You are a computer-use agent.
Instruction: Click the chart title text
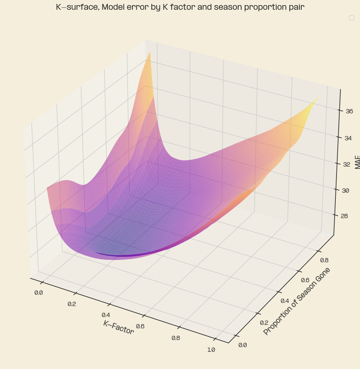180,7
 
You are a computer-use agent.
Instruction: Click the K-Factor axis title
118,327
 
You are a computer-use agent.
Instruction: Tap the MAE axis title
357,161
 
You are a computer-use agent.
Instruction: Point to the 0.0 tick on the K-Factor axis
39,292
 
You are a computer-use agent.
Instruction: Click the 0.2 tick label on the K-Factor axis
72,304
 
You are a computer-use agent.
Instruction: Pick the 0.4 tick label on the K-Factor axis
106,315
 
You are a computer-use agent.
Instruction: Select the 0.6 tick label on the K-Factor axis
140,326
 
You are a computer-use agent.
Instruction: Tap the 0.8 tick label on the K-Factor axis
176,338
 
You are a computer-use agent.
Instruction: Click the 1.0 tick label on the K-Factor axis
211,349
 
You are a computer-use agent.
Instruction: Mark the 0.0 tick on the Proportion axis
242,344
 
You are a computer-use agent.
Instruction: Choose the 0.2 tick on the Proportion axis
265,322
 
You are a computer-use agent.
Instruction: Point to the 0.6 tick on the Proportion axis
305,280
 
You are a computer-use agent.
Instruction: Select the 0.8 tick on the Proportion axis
324,260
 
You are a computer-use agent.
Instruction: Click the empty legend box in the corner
351,18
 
